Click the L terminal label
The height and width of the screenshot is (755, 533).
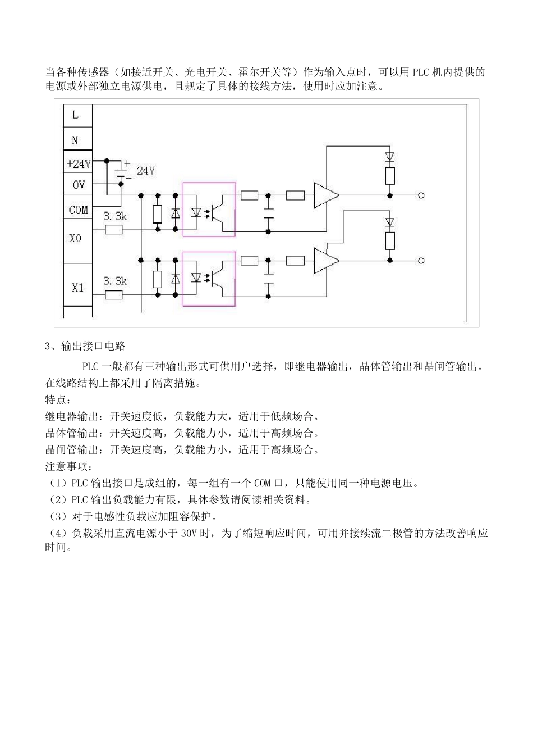pyautogui.click(x=76, y=116)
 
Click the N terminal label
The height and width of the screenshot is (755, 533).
pyautogui.click(x=75, y=140)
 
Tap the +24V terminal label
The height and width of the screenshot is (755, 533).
pyautogui.click(x=78, y=164)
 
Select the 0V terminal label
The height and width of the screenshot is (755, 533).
pyautogui.click(x=78, y=185)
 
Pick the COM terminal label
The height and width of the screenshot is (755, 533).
pyautogui.click(x=78, y=210)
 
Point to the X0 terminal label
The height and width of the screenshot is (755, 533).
pyautogui.click(x=75, y=238)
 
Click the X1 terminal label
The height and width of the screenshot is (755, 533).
pyautogui.click(x=77, y=287)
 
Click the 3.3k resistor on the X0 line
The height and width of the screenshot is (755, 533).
pyautogui.click(x=114, y=229)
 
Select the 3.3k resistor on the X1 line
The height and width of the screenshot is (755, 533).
pyautogui.click(x=114, y=294)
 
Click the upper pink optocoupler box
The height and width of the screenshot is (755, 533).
pyautogui.click(x=209, y=209)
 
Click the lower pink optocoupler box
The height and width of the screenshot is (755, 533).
pyautogui.click(x=209, y=279)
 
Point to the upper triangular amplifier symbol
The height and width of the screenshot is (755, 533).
pyautogui.click(x=325, y=195)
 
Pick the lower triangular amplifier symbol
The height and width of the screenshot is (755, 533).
pyautogui.click(x=325, y=260)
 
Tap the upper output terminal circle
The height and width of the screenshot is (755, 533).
pyautogui.click(x=421, y=195)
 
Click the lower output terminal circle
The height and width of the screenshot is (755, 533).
pyautogui.click(x=421, y=260)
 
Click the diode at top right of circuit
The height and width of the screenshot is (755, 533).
pyautogui.click(x=390, y=156)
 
